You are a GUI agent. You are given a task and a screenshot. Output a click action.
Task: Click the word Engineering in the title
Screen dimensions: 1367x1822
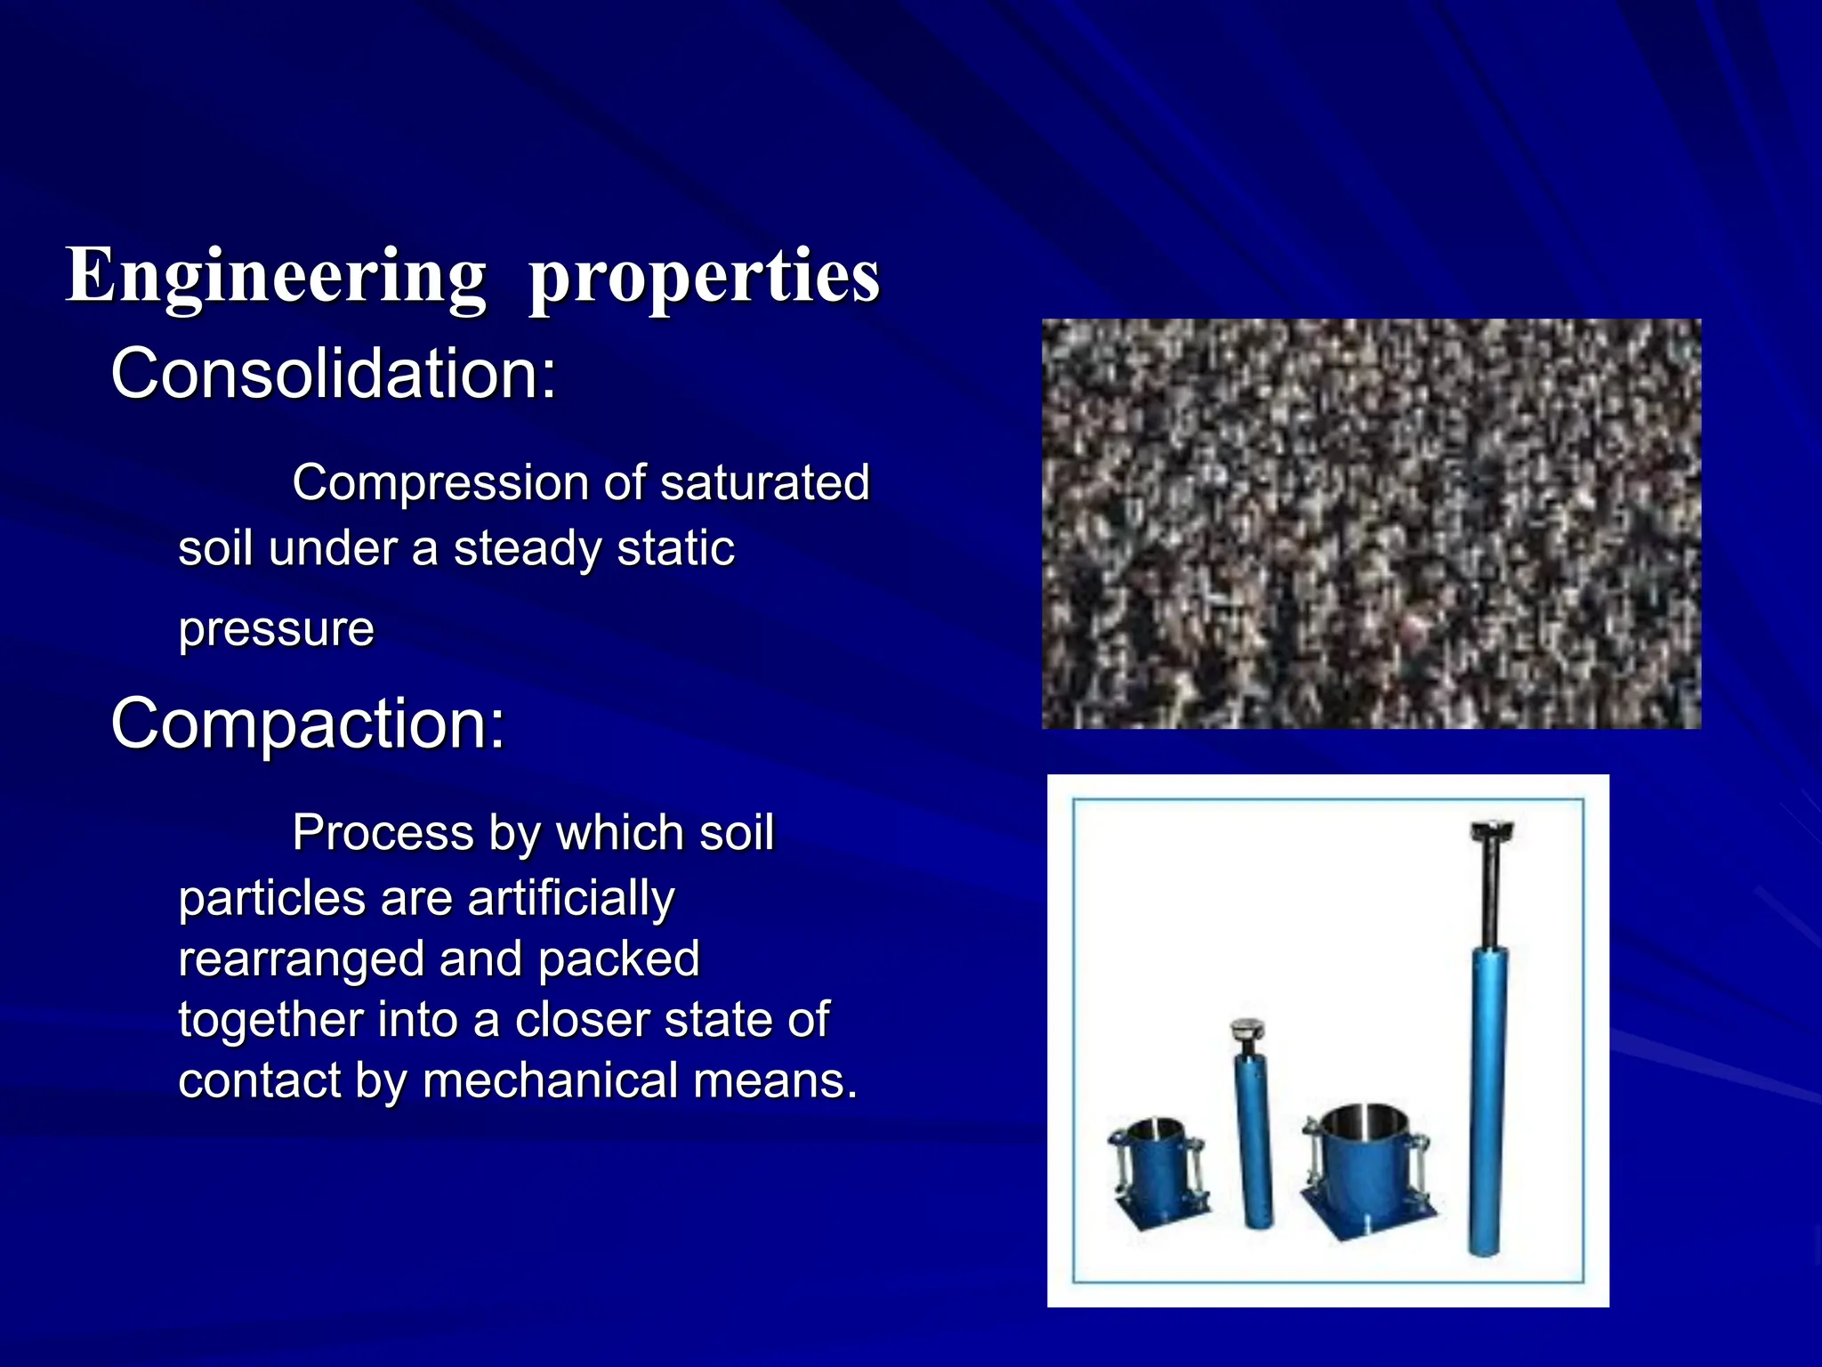click(276, 276)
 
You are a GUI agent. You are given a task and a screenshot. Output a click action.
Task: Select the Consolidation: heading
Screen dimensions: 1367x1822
click(334, 374)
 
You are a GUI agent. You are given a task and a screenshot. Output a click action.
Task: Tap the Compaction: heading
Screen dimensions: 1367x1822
click(308, 724)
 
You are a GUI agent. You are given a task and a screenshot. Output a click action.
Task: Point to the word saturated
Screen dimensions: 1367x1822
click(764, 483)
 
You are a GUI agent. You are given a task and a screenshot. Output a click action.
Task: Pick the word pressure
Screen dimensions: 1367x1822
click(276, 630)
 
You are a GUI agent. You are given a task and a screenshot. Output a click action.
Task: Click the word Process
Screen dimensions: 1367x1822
click(383, 833)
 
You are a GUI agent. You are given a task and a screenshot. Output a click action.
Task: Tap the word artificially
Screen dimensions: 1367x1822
click(570, 898)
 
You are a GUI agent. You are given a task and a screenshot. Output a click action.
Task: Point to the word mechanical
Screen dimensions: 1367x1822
click(551, 1080)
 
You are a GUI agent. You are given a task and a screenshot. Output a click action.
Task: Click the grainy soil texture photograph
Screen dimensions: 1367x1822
click(1371, 523)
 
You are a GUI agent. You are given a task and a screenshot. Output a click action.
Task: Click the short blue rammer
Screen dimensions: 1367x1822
click(1254, 1139)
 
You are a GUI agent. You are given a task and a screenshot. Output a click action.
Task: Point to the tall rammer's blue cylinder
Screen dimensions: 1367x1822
click(1487, 1104)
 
